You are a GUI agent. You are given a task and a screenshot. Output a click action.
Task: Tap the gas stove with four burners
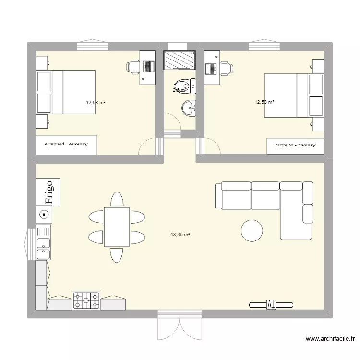point(86,300)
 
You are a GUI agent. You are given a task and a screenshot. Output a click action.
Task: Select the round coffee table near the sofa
point(252,230)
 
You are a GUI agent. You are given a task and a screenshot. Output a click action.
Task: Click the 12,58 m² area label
point(96,102)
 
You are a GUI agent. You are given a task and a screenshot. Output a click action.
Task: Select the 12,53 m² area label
point(264,102)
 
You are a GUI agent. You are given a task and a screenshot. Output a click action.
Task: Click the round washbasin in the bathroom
point(189,108)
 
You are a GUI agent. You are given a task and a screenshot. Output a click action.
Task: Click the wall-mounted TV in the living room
point(271,304)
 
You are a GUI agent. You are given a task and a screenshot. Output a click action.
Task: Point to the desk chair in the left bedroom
point(134,67)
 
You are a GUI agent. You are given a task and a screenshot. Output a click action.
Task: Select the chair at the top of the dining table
point(117,199)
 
